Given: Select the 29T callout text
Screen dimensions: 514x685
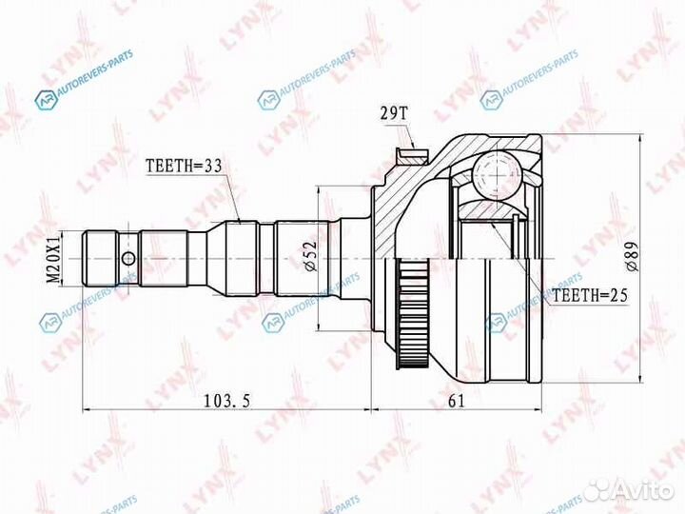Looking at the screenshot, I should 396,114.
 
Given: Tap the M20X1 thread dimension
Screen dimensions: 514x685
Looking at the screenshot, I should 54,258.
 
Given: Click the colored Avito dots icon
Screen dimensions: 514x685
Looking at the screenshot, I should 598,489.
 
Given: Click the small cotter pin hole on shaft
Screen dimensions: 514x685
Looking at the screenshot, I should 127,258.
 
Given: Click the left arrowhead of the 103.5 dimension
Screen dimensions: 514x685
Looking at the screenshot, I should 88,410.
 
